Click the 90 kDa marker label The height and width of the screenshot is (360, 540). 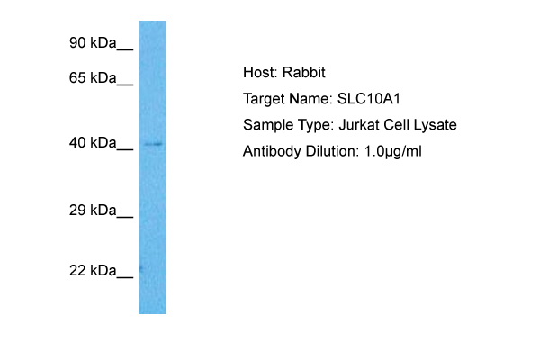click(x=93, y=42)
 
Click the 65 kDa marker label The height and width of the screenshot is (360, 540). click(x=93, y=78)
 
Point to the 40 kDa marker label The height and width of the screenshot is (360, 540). click(x=93, y=142)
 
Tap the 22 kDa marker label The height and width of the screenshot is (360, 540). click(x=93, y=270)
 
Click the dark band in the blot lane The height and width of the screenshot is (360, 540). click(x=153, y=144)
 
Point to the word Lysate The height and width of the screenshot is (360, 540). click(x=435, y=125)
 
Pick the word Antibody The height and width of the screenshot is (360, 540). click(x=272, y=151)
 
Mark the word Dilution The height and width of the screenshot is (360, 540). click(x=328, y=151)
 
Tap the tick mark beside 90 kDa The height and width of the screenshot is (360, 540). click(x=125, y=49)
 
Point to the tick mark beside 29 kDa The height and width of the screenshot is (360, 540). click(x=125, y=216)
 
